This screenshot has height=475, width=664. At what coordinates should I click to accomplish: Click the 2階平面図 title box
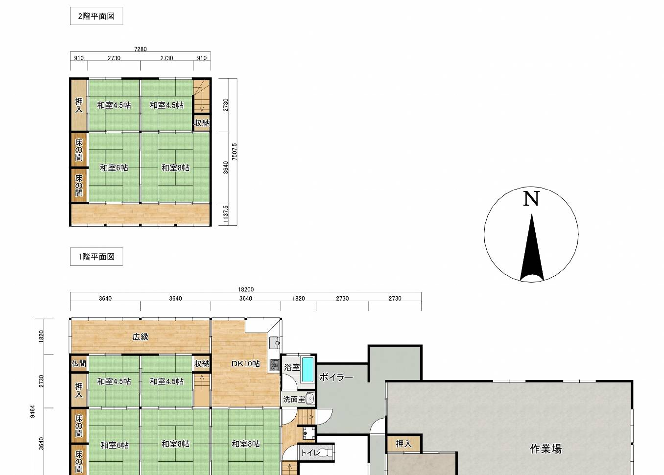[96, 16]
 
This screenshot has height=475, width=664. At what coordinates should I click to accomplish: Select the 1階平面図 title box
[96, 257]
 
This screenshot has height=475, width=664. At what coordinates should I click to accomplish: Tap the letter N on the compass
[531, 198]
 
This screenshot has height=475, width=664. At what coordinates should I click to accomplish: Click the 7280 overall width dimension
[141, 49]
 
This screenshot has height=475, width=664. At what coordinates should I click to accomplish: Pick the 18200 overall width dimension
[246, 289]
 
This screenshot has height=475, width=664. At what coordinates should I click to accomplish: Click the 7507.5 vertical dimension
[234, 152]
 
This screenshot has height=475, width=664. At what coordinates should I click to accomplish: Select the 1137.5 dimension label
[226, 214]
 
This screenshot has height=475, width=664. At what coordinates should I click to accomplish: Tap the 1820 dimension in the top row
[299, 298]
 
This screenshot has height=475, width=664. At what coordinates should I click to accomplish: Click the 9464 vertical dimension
[33, 411]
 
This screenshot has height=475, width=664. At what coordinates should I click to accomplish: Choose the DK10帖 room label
[246, 363]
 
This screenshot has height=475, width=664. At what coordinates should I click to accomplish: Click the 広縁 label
[141, 337]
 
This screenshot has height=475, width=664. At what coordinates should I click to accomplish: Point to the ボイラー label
[336, 377]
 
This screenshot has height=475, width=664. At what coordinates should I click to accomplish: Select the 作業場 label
[545, 449]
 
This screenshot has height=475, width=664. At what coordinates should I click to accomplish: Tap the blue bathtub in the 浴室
[308, 370]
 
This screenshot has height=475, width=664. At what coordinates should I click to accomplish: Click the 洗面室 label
[294, 400]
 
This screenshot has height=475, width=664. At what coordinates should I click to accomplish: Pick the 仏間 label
[79, 363]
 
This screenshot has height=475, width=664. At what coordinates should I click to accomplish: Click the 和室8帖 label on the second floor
[175, 168]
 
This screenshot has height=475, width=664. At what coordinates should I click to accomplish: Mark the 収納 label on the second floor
[202, 123]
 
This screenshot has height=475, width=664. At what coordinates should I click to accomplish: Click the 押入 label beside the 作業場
[403, 444]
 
